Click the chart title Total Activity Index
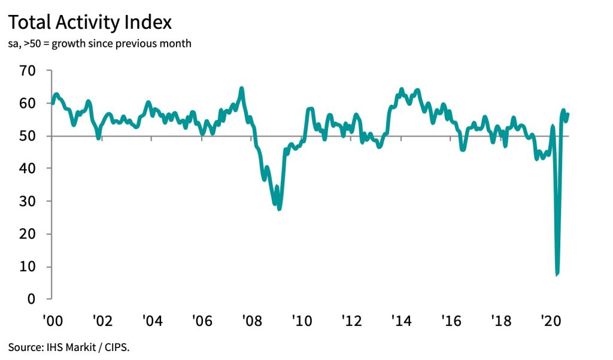click(90, 23)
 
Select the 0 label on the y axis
click(32, 299)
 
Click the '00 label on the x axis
click(52, 321)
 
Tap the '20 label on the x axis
click(550, 321)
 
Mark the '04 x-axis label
click(152, 321)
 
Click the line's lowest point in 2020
click(557, 274)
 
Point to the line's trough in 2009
click(279, 208)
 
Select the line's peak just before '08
click(241, 89)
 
